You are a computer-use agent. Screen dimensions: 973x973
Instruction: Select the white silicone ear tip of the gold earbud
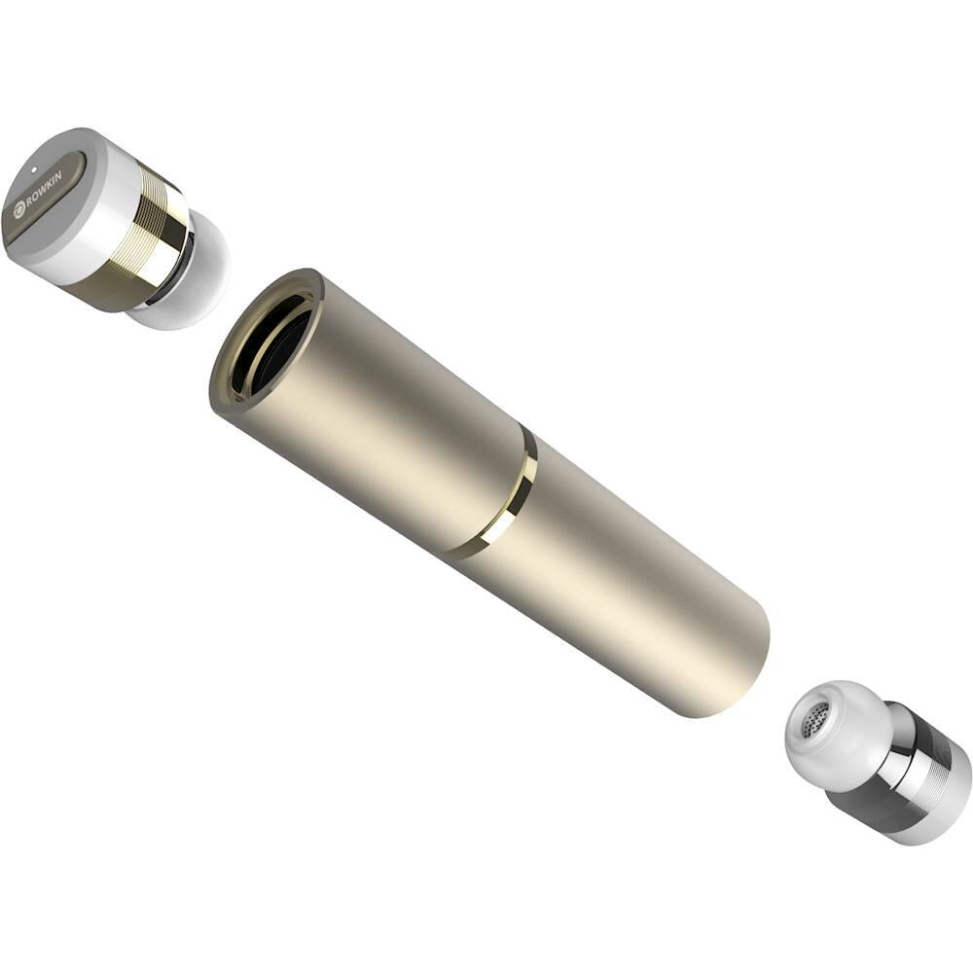click(199, 272)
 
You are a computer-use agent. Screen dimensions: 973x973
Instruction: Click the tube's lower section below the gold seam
click(623, 574)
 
